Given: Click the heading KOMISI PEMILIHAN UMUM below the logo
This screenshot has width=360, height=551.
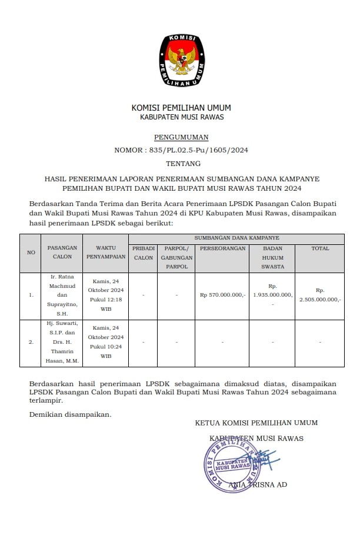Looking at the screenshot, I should tap(181, 108).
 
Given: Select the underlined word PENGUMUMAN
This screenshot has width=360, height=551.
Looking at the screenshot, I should tap(181, 137).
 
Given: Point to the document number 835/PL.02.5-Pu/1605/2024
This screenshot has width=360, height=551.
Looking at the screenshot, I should tap(181, 150).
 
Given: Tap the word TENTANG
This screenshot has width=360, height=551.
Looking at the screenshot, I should tap(181, 163).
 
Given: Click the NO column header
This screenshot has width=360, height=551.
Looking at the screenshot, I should tap(31, 253).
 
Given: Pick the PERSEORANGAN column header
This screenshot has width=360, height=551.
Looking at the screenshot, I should tap(222, 249).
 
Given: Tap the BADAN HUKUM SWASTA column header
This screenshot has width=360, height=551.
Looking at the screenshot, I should tap(272, 257).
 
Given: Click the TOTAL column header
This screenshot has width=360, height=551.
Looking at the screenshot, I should tap(320, 249).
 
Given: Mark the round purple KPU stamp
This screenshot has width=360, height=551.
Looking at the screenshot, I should tap(231, 465).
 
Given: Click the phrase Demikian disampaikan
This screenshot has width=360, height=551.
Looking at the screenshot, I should tap(70, 414).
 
